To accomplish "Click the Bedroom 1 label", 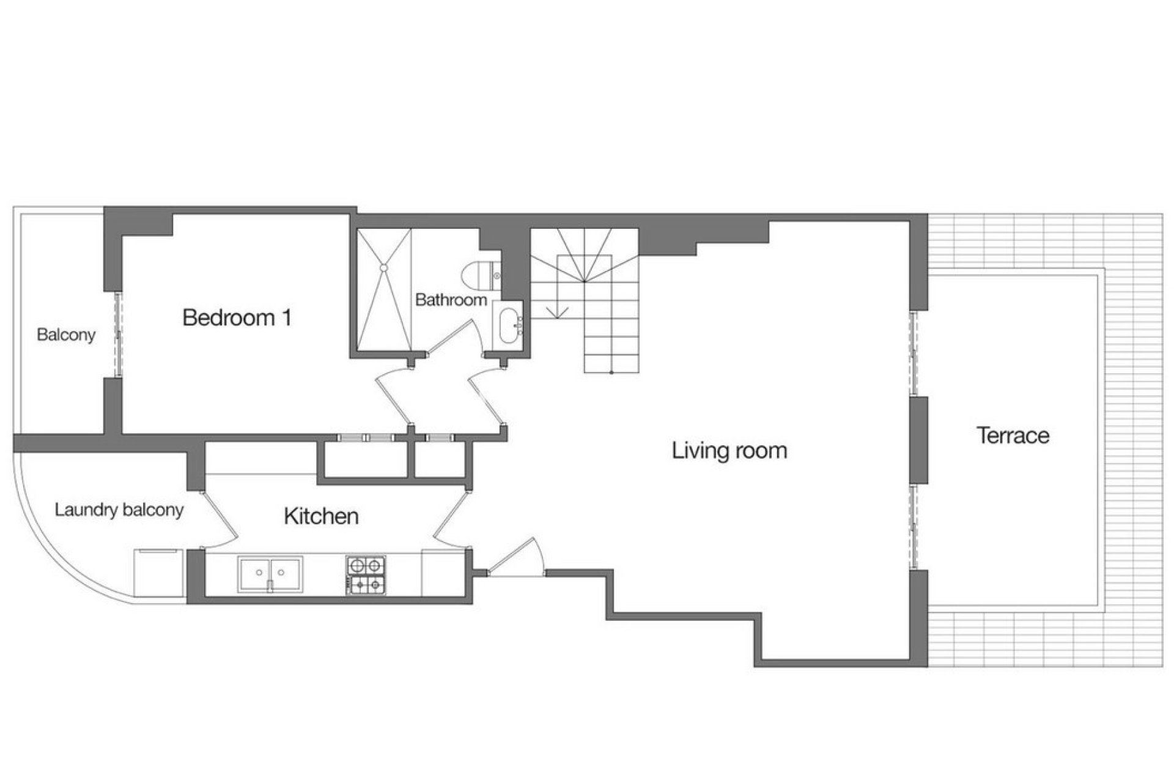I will tap(237, 318).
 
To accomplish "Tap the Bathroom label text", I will tap(451, 300).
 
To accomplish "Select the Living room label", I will tap(729, 451).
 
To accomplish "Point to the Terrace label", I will tap(1013, 436).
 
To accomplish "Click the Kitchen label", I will tap(321, 516).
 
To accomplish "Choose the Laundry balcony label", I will tap(119, 510).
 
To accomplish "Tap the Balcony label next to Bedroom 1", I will tap(66, 335).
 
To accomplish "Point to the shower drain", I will tap(383, 268).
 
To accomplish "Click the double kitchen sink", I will tap(270, 574).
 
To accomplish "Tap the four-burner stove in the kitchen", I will tap(366, 575).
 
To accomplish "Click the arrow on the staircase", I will tap(556, 313).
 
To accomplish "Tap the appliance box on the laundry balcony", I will tap(158, 572).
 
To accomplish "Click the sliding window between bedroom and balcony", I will tap(117, 334).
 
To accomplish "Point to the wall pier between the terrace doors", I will tap(918, 439).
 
